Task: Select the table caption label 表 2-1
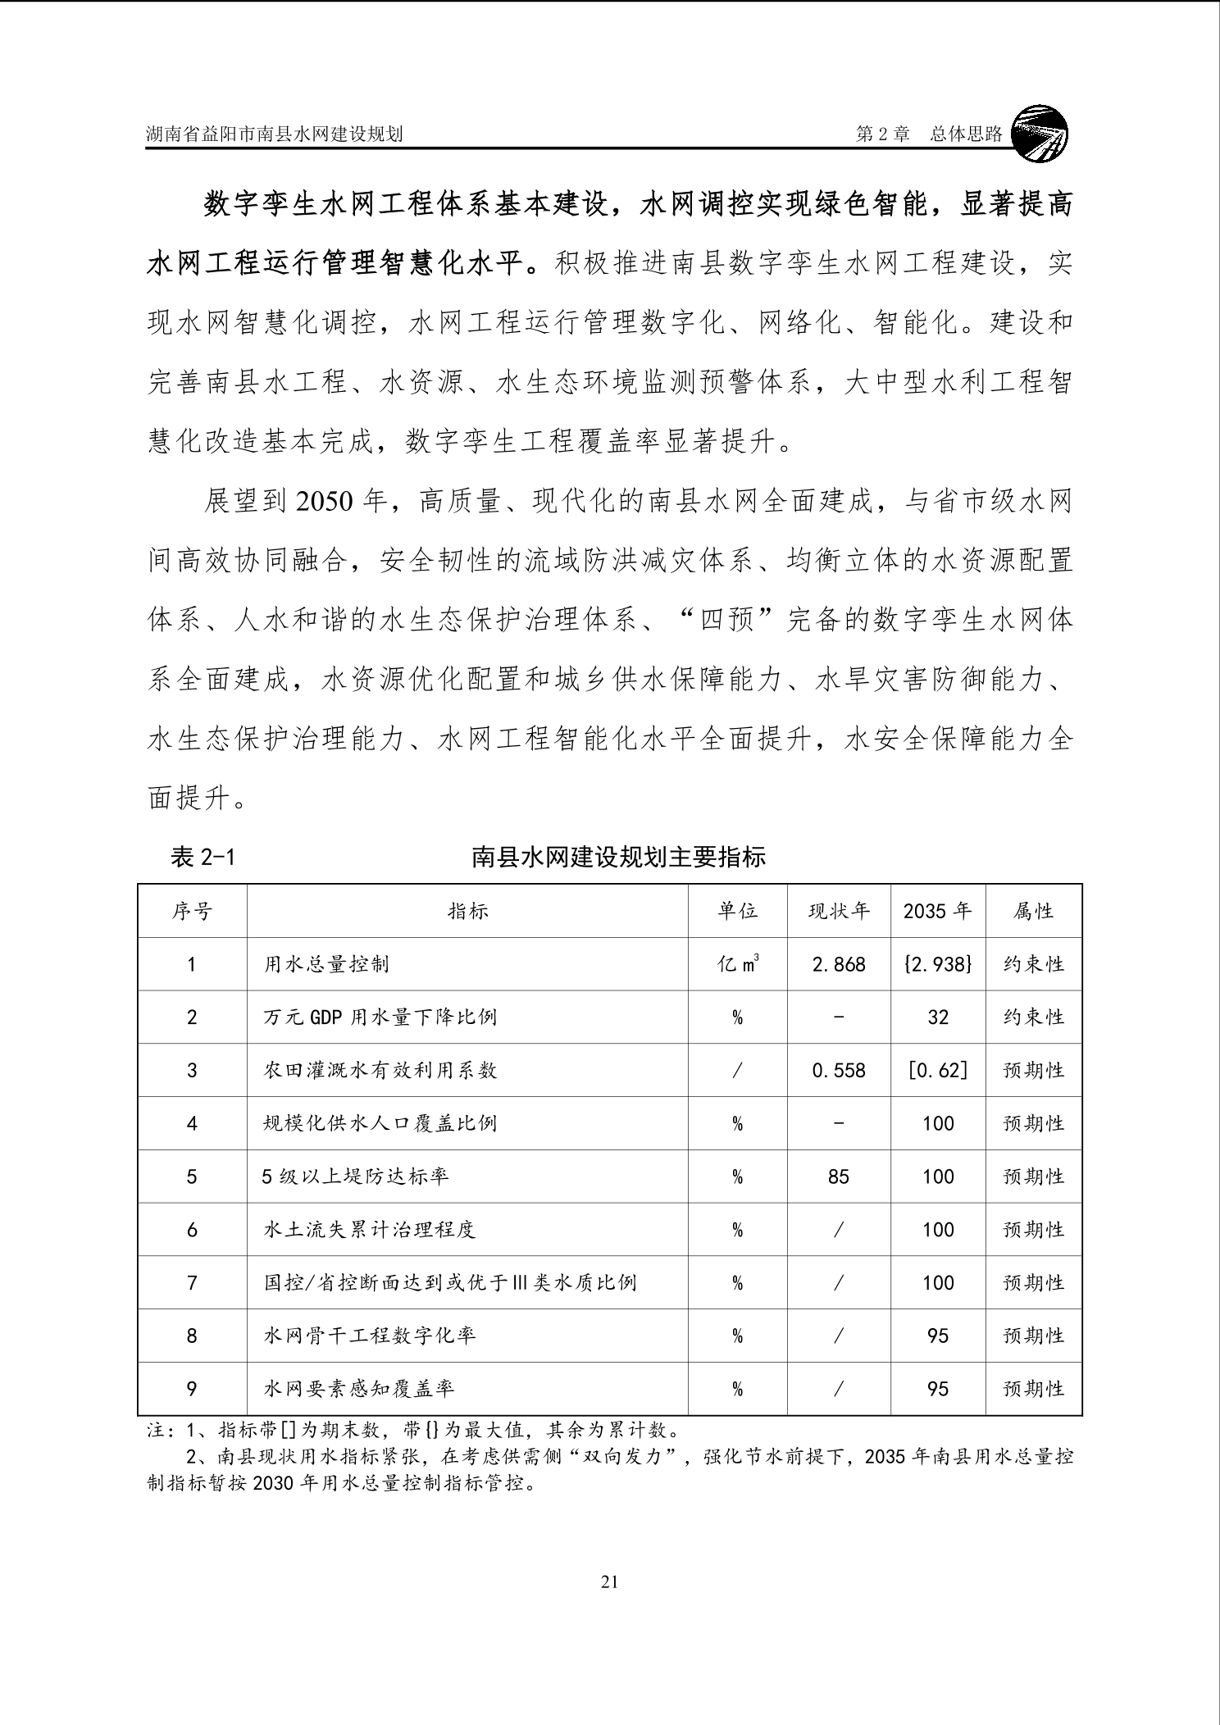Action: pyautogui.click(x=203, y=857)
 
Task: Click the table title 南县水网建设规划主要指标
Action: pyautogui.click(x=618, y=857)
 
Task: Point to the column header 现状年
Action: pyautogui.click(x=838, y=911)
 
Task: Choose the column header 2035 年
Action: pyautogui.click(x=937, y=911)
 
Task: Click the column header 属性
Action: pyautogui.click(x=1033, y=911)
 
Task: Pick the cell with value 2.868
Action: pyautogui.click(x=838, y=964)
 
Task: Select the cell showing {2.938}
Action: pyautogui.click(x=937, y=964)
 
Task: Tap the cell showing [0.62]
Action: pyautogui.click(x=937, y=1070)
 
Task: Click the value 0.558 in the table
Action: pyautogui.click(x=838, y=1070)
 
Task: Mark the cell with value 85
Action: pyautogui.click(x=838, y=1177)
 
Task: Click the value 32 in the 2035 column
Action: pyautogui.click(x=937, y=1017)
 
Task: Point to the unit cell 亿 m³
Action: pyautogui.click(x=737, y=964)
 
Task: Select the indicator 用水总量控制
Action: pyautogui.click(x=326, y=964)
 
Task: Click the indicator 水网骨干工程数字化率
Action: pyautogui.click(x=369, y=1336)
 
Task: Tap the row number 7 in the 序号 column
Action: pyautogui.click(x=192, y=1282)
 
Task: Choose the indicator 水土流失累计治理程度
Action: pyautogui.click(x=369, y=1230)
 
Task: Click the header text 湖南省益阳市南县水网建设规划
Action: pyautogui.click(x=274, y=134)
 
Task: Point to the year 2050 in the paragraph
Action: pyautogui.click(x=325, y=501)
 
